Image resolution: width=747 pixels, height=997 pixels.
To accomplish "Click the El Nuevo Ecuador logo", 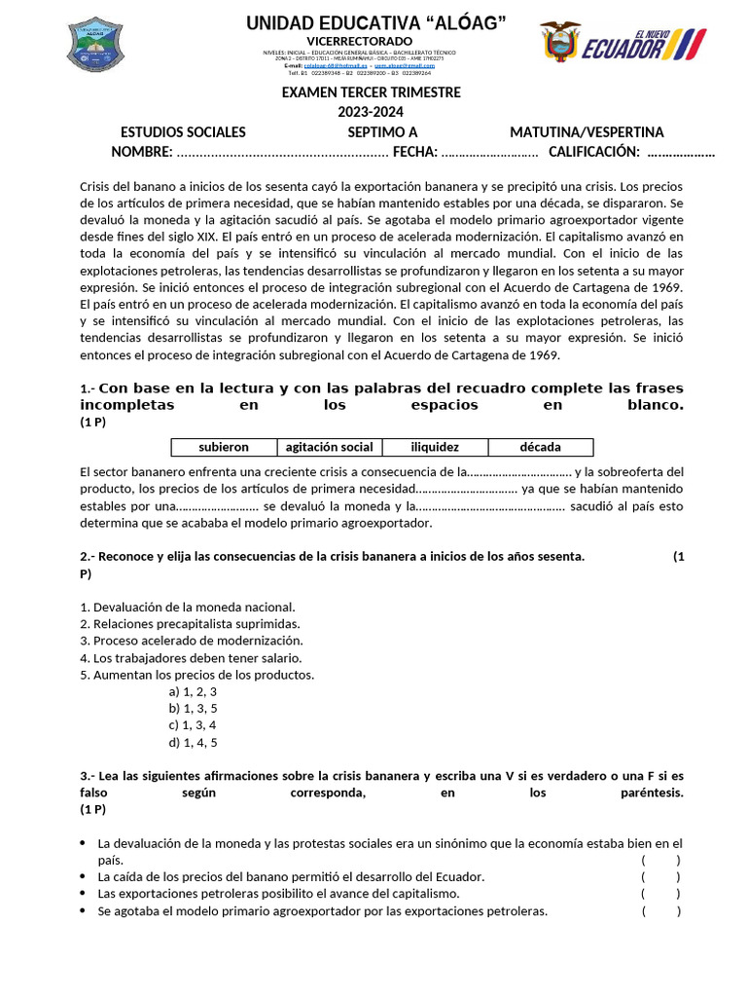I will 622,45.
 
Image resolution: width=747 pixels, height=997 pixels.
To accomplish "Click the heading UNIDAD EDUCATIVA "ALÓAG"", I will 375,22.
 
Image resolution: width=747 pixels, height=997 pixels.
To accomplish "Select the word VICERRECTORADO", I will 374,40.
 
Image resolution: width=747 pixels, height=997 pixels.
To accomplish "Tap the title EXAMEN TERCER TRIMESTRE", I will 371,92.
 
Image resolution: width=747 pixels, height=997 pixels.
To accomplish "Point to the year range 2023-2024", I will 371,112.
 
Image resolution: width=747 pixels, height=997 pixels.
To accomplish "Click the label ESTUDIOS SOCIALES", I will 183,132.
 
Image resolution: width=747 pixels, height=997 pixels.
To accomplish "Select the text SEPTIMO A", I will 382,132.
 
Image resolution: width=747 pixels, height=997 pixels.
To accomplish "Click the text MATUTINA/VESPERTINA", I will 587,132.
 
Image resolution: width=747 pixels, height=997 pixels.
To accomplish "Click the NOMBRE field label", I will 141,152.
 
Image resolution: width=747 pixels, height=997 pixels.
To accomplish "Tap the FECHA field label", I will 414,152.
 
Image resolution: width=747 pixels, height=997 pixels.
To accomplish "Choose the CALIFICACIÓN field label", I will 593,152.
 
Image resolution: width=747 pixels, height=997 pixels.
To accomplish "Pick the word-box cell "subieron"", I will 224,447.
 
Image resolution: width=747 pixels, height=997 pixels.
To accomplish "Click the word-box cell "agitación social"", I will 329,447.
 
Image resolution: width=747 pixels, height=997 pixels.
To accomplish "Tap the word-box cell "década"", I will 540,447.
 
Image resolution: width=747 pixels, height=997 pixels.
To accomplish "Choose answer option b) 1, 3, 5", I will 193,709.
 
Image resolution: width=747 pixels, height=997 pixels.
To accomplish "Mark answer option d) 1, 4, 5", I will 193,743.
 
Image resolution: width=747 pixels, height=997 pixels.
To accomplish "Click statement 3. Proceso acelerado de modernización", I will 192,641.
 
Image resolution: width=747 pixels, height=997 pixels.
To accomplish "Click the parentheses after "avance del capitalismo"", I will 660,894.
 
